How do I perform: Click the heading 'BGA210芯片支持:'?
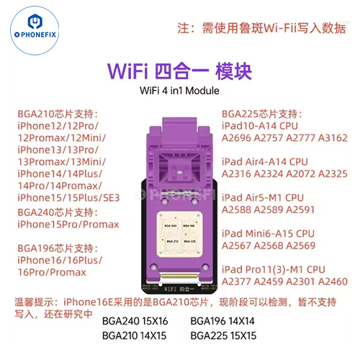tap(58, 114)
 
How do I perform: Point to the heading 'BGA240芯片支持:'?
tap(58, 212)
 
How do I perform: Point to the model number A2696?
tap(239, 138)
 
